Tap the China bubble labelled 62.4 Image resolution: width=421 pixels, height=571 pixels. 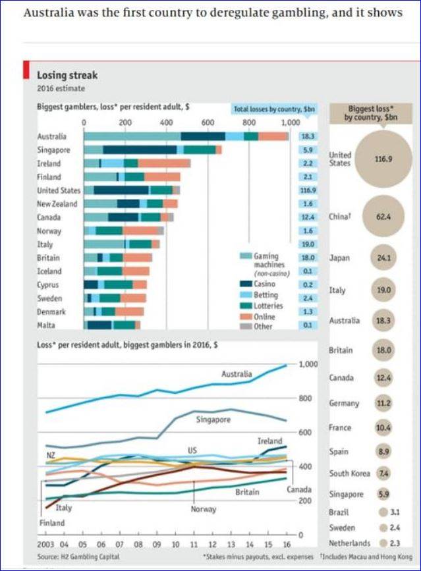pos(383,216)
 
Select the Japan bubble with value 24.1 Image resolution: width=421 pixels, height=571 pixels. pos(383,259)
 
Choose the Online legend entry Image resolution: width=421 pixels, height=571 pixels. pos(264,316)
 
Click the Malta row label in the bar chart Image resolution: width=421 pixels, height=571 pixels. pos(48,325)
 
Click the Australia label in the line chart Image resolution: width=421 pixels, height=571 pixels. pos(237,373)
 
